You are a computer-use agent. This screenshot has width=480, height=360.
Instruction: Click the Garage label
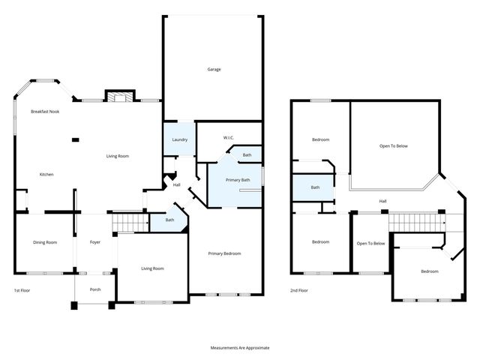[214, 70]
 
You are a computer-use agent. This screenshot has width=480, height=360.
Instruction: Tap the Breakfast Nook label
[45, 111]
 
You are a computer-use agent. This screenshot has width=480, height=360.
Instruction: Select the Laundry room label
[179, 139]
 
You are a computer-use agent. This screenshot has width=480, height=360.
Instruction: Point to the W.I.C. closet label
[230, 138]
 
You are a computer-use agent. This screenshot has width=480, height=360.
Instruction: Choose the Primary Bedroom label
[225, 253]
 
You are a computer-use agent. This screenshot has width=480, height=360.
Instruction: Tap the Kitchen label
[46, 174]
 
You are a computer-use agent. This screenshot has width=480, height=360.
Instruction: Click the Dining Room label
[45, 242]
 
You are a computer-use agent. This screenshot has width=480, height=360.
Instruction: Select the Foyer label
[95, 242]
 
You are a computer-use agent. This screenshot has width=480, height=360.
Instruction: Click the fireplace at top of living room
[119, 96]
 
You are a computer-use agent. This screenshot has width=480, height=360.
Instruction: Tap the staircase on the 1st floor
[130, 223]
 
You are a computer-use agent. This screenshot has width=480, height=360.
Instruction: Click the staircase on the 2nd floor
[416, 223]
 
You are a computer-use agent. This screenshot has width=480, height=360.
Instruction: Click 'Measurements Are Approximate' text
[239, 348]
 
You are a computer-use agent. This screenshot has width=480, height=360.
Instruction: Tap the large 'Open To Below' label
[394, 145]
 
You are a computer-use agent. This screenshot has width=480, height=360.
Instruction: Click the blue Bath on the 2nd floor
[315, 187]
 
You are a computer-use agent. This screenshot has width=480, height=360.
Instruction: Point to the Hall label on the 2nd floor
[382, 201]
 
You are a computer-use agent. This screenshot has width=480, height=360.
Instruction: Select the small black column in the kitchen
[75, 139]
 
